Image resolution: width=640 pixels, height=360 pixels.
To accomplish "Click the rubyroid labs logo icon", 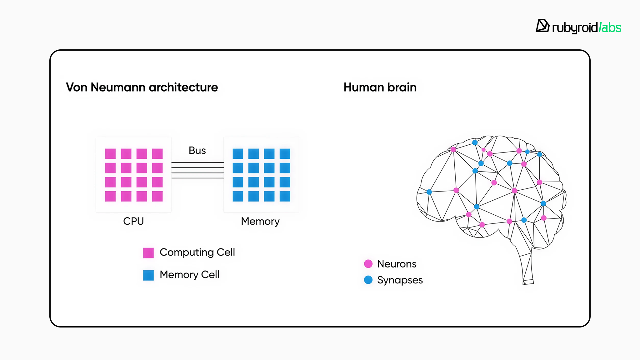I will pos(542,26).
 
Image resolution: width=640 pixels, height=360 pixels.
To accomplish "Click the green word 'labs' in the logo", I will pos(611,28).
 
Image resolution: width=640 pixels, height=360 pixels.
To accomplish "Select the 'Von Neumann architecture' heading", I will pos(142,87).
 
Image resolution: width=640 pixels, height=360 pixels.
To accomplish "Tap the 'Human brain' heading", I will pos(380,87).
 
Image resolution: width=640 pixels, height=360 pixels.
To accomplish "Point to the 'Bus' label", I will pos(197,151).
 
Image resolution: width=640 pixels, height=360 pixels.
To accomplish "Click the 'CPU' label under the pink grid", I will pos(133,221).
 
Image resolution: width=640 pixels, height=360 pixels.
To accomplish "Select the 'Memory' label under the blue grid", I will pos(260,221).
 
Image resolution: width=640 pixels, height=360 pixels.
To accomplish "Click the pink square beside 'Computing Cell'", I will pos(148,253).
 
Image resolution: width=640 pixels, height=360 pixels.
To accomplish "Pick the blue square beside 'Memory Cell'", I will pos(148,275).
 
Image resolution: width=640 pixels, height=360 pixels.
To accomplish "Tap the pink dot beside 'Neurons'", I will pos(368,264).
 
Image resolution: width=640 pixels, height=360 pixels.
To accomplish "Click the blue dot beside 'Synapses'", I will pos(368,280).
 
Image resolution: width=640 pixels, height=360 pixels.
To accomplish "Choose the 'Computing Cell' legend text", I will pos(197,252).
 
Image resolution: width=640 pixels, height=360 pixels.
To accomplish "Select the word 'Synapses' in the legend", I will pos(400,280).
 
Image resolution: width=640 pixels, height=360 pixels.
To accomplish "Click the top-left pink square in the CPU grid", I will pos(110,154).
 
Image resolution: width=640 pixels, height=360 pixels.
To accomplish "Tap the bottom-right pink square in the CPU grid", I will pos(157,196).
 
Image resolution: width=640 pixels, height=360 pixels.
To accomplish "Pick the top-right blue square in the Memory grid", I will pos(285,154).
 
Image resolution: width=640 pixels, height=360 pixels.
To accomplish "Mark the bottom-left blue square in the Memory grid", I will pos(238,196).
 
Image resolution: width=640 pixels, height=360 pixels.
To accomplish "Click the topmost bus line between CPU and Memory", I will pos(197,162).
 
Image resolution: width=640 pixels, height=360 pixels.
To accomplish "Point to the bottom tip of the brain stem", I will pos(528,283).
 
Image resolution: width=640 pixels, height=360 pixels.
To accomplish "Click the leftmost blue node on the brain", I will pos(429,192).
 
